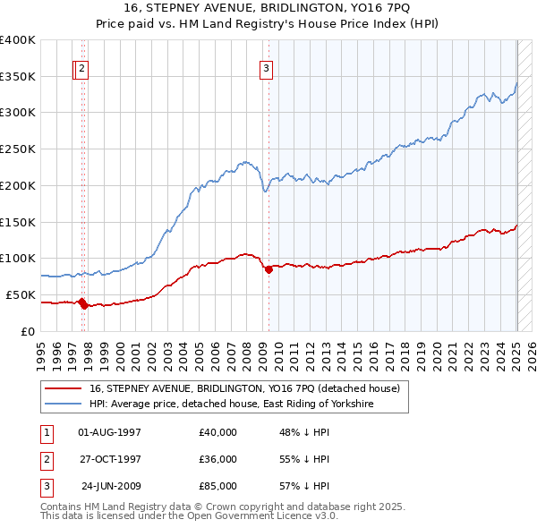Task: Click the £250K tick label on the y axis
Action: coord(18,149)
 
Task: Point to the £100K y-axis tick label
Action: coord(18,258)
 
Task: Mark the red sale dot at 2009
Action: coord(268,269)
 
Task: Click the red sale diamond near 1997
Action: coord(81,302)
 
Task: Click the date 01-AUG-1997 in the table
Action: coord(110,432)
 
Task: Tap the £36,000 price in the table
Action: coord(218,459)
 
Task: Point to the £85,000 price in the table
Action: coord(218,486)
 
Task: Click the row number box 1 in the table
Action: coord(45,432)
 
